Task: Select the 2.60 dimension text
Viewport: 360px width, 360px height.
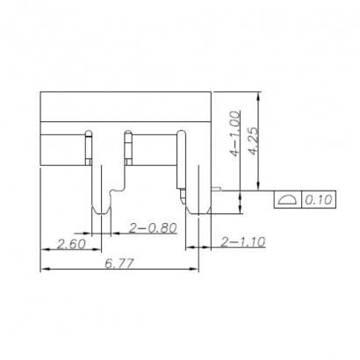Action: coord(70,243)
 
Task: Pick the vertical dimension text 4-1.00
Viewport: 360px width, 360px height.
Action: coord(234,132)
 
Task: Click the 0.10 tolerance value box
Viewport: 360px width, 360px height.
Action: coord(317,200)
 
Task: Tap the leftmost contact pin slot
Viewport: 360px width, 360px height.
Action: coord(89,148)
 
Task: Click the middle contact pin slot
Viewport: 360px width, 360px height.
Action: coord(128,148)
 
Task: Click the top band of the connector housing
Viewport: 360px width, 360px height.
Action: coord(128,106)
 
